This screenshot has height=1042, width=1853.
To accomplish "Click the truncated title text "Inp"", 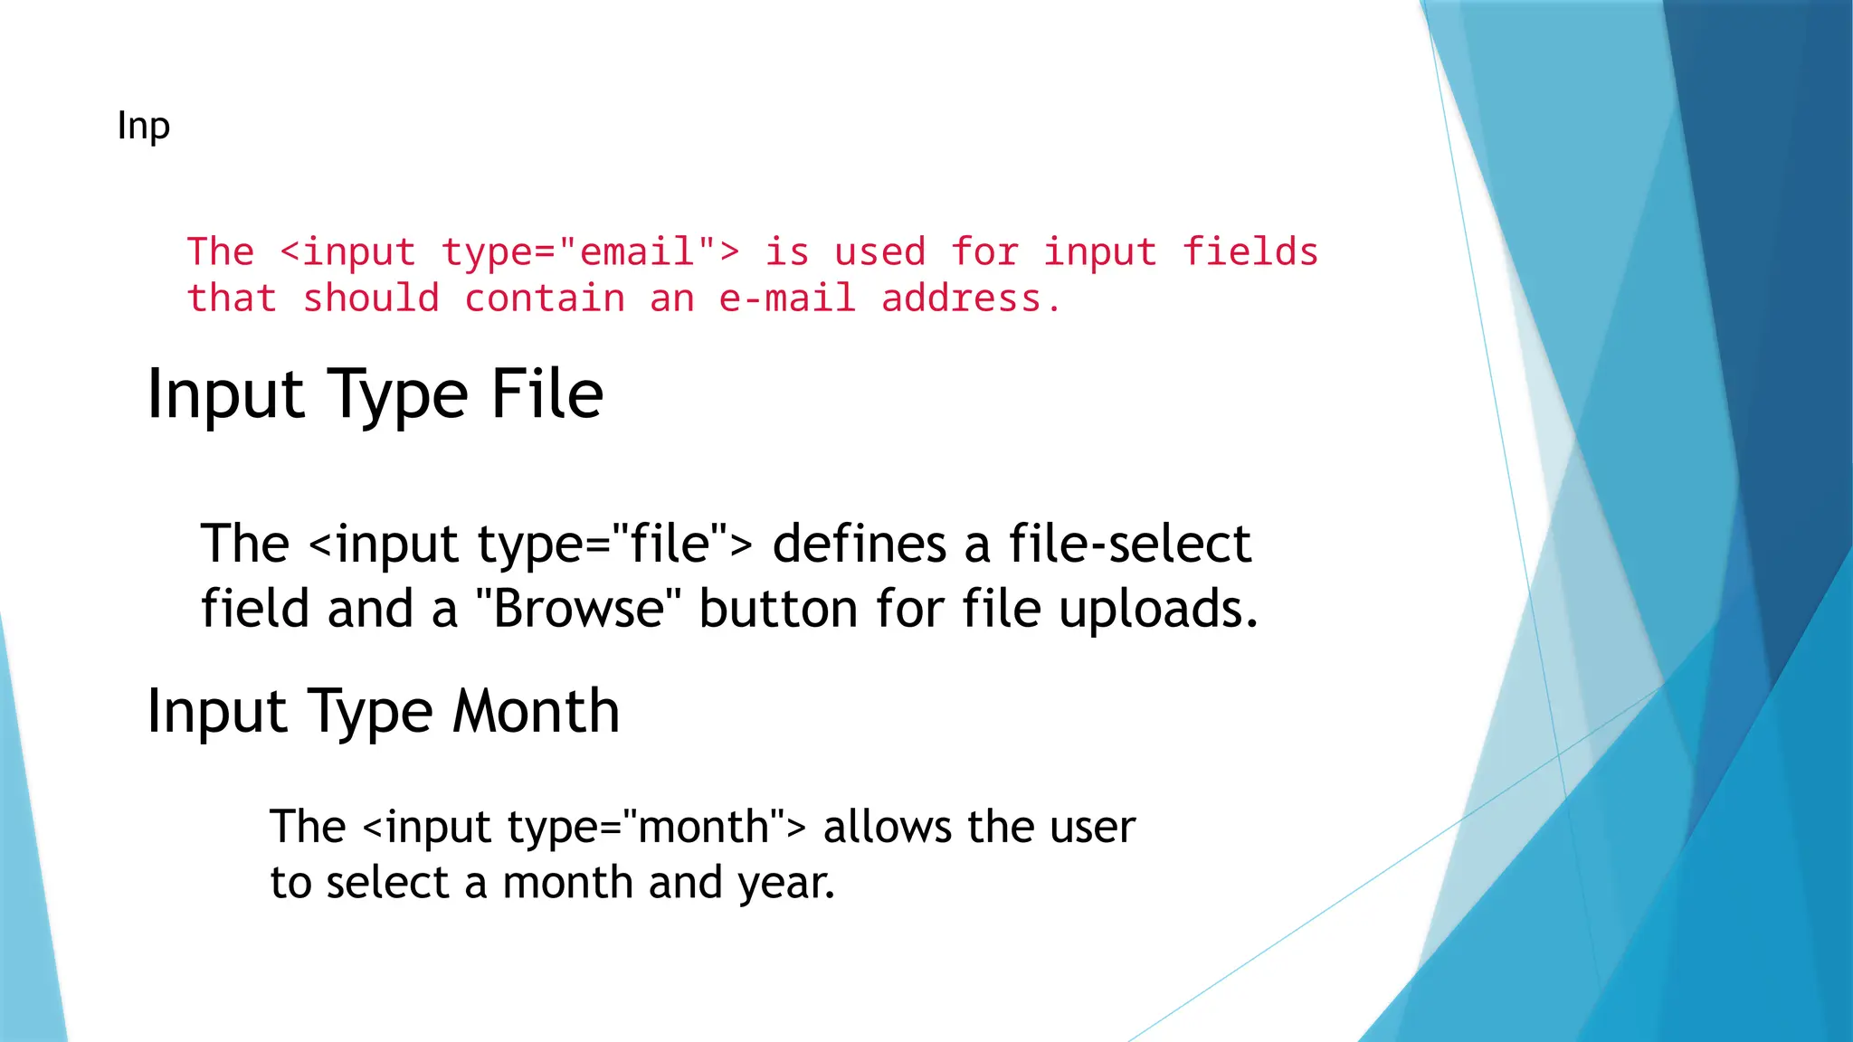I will [x=143, y=127].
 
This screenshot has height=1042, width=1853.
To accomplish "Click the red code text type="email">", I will [x=591, y=252].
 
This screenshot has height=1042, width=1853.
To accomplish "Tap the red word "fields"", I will [x=1251, y=252].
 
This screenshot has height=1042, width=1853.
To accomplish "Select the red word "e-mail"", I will [x=787, y=298].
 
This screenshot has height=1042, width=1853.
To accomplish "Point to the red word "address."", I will [x=971, y=298].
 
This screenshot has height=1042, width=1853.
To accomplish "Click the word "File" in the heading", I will [x=547, y=395].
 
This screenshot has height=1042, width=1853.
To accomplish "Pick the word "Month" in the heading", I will [x=537, y=712].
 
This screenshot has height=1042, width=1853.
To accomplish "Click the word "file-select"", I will [x=1130, y=544].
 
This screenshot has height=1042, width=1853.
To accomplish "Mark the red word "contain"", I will [x=545, y=298].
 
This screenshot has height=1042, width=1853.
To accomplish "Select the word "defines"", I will [x=860, y=544].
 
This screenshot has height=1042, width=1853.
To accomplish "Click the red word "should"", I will [x=371, y=298].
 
